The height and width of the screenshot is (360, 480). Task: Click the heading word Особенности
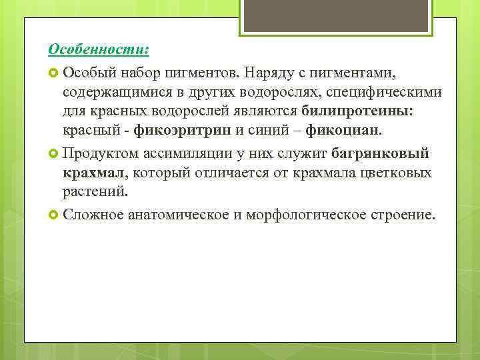tap(97, 50)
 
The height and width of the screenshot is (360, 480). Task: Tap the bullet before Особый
tap(54, 72)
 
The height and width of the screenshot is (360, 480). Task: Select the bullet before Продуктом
tap(54, 155)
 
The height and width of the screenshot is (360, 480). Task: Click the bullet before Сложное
tap(54, 215)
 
